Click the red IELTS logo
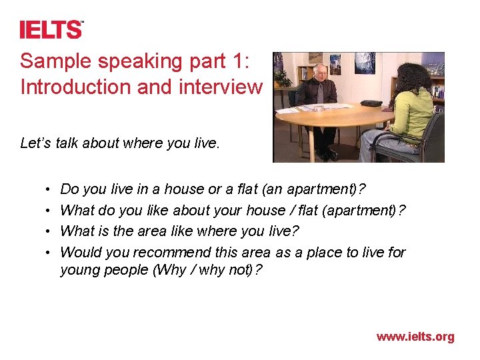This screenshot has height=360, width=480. click(51, 29)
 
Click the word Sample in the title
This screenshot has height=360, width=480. click(54, 61)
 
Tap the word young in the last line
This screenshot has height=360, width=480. click(79, 270)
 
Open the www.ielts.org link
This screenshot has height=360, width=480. click(415, 337)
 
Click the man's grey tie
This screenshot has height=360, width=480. click(320, 93)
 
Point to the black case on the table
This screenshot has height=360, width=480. click(371, 104)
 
